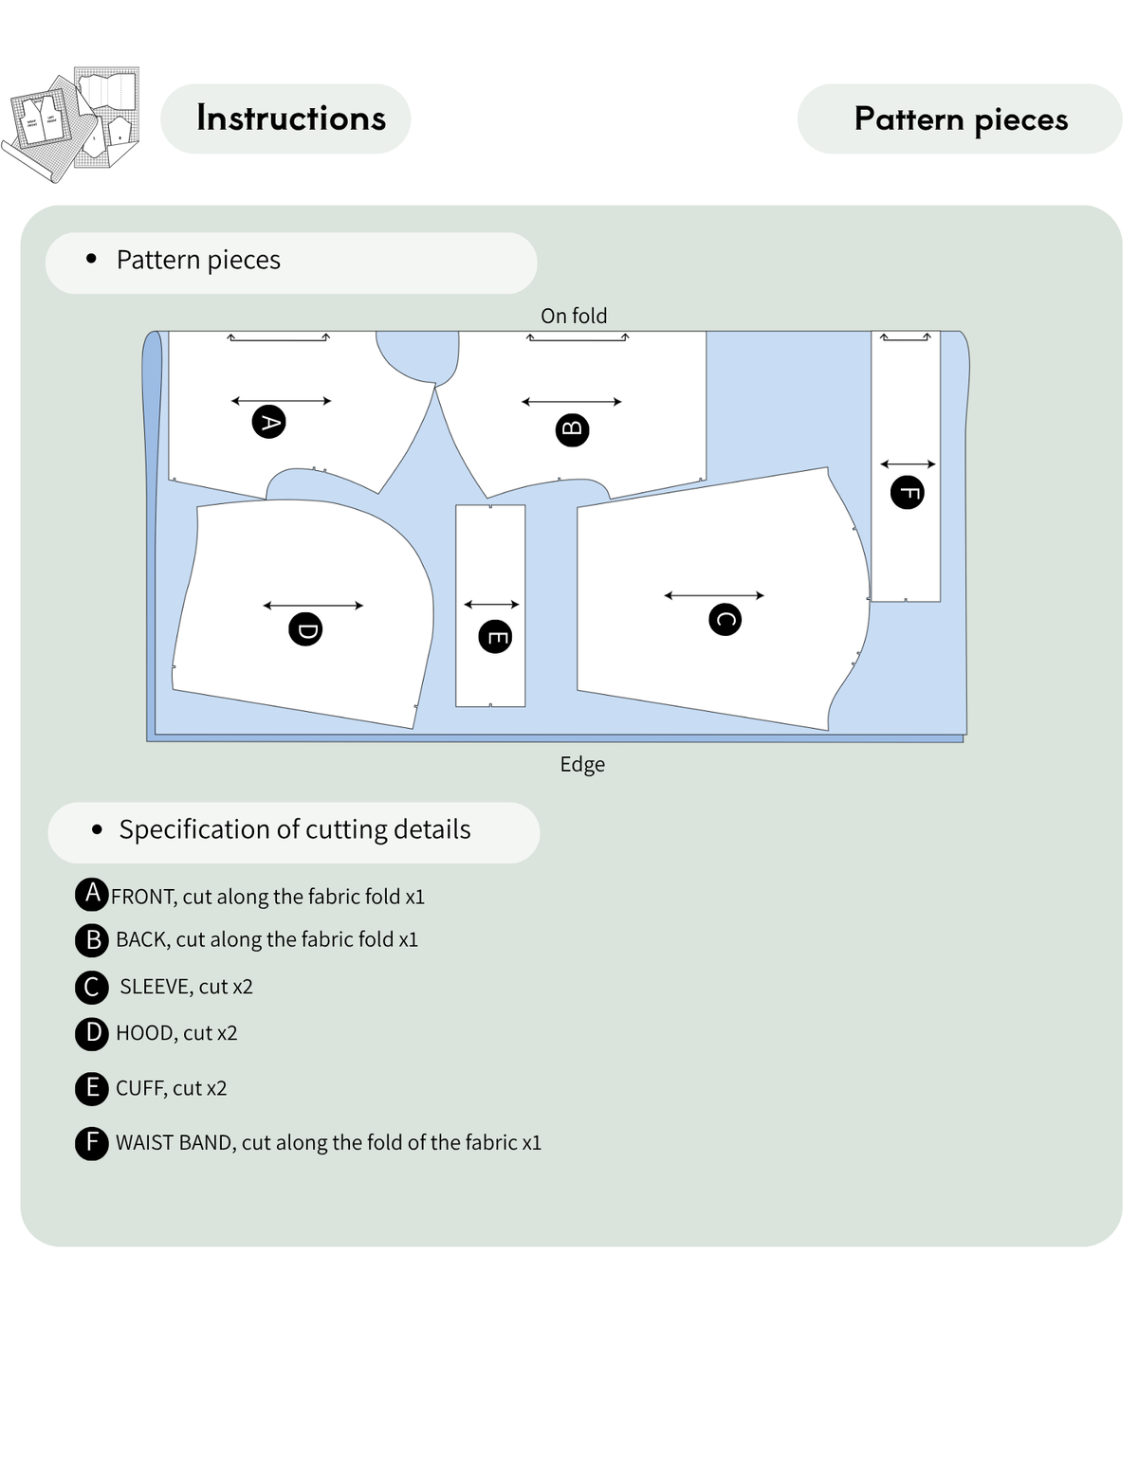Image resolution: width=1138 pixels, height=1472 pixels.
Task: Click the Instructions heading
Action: click(291, 118)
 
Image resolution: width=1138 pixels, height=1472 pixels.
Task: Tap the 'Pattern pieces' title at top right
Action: click(961, 119)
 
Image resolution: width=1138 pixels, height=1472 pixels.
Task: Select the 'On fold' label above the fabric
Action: click(574, 316)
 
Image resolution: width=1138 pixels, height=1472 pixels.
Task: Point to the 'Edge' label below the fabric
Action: click(582, 764)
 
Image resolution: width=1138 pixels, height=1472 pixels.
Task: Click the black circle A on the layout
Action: click(268, 422)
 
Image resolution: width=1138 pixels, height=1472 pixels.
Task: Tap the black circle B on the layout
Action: click(572, 429)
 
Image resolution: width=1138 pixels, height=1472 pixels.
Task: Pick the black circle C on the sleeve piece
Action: click(725, 619)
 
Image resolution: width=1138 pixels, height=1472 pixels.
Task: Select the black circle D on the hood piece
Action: click(305, 629)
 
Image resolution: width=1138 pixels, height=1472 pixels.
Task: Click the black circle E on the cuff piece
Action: click(495, 637)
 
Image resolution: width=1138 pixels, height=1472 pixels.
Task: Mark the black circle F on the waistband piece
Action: click(907, 492)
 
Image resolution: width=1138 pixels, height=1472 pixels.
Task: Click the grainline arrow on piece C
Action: click(714, 595)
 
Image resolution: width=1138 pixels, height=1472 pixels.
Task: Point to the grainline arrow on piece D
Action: click(313, 606)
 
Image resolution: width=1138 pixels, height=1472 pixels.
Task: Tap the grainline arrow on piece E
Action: click(491, 604)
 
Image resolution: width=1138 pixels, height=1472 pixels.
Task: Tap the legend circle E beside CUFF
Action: click(91, 1088)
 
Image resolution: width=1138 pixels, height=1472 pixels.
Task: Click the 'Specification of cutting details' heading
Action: click(295, 829)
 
